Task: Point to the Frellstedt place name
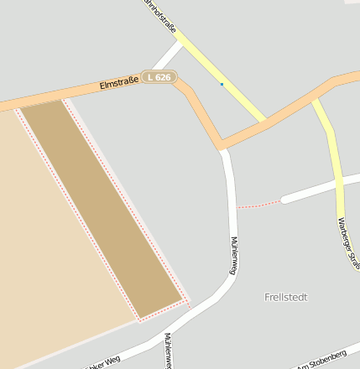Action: click(286, 297)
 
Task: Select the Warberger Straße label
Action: click(346, 242)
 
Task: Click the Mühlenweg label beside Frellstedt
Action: click(233, 255)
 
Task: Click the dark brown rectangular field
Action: click(101, 210)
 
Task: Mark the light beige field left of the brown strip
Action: click(50, 252)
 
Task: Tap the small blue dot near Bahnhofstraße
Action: click(222, 84)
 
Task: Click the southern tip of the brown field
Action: click(140, 318)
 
